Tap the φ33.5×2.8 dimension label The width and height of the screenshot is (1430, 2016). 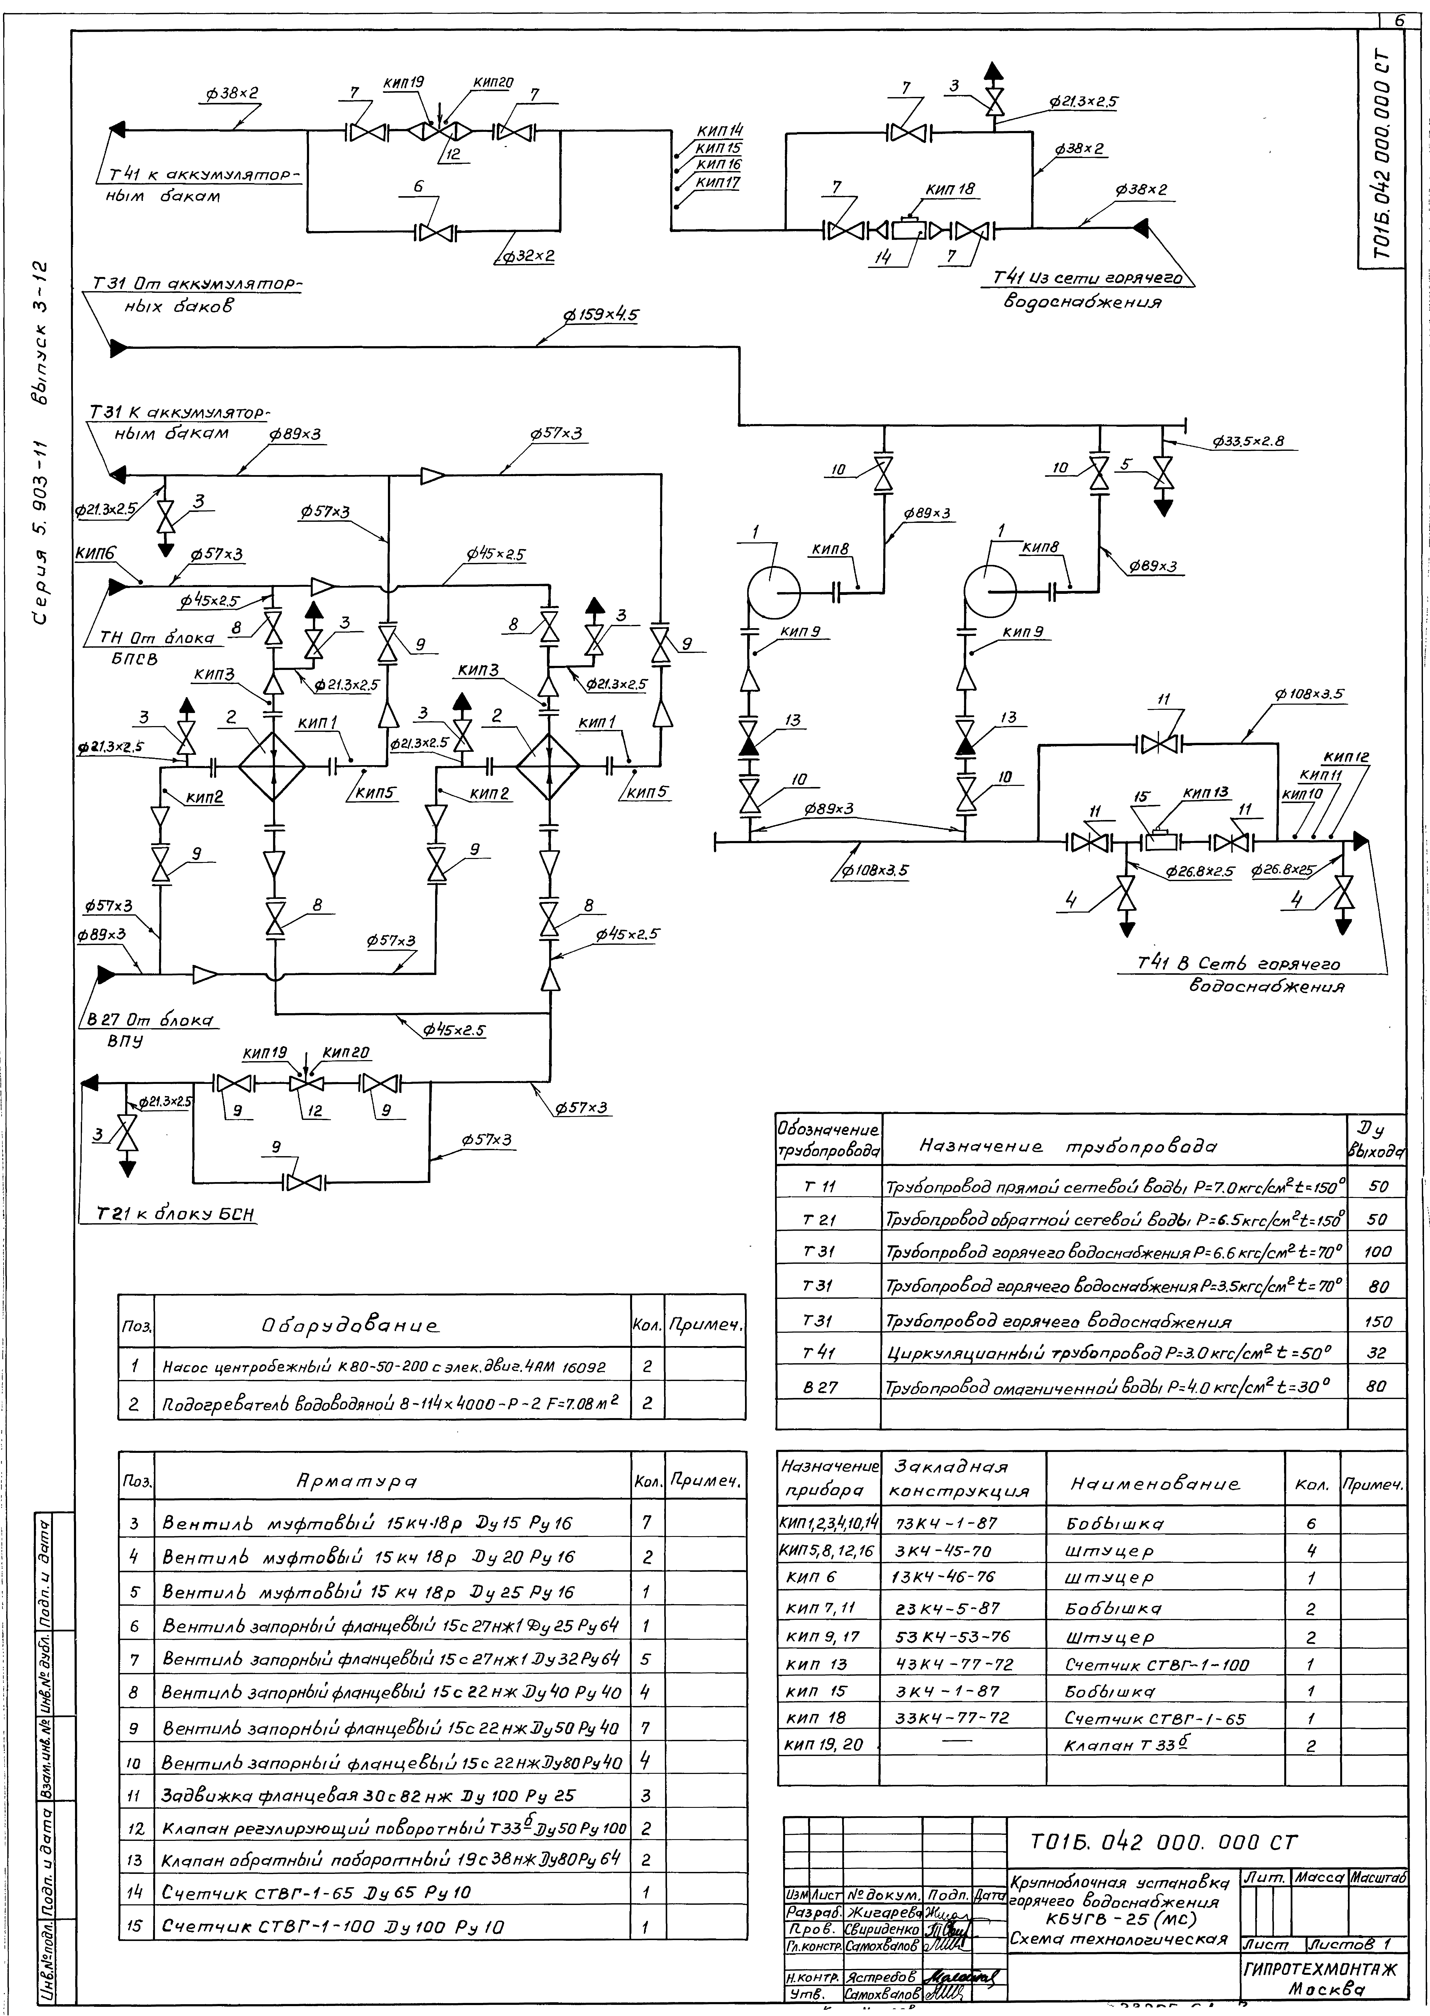pos(1249,441)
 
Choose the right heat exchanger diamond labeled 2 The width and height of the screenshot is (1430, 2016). pos(548,766)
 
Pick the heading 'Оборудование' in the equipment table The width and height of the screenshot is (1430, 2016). pos(350,1325)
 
